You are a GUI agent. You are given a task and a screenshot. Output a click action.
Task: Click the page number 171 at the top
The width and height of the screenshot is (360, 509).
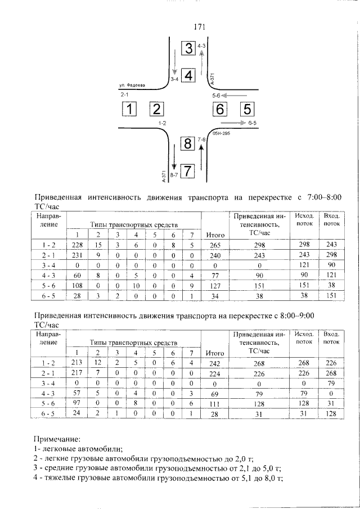click(199, 26)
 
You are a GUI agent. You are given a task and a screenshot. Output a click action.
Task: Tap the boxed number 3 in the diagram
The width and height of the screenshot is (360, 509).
click(188, 48)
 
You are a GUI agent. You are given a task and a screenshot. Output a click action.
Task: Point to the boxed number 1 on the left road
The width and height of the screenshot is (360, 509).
click(130, 109)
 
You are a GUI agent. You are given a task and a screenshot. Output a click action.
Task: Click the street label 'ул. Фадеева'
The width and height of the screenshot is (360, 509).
click(132, 85)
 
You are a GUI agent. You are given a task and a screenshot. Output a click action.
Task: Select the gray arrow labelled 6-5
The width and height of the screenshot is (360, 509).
click(232, 122)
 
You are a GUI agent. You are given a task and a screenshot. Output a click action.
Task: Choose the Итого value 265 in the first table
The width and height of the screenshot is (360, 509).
click(215, 245)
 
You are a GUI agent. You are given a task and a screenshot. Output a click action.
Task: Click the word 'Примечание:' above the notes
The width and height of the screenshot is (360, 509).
click(57, 437)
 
